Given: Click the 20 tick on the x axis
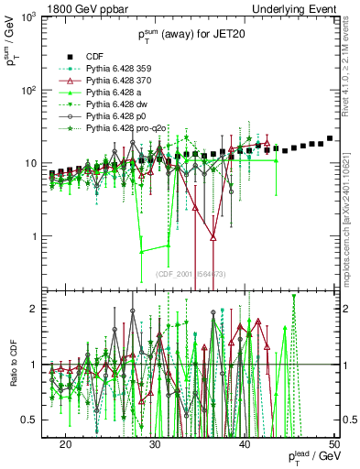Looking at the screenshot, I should tap(65, 442).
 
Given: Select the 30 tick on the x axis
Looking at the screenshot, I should tap(155, 442).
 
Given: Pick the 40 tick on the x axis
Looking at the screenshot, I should tap(245, 442).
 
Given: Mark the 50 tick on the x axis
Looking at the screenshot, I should tap(334, 442).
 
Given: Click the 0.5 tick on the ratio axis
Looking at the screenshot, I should tap(36, 420).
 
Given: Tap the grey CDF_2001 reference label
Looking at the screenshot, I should tap(191, 274).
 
